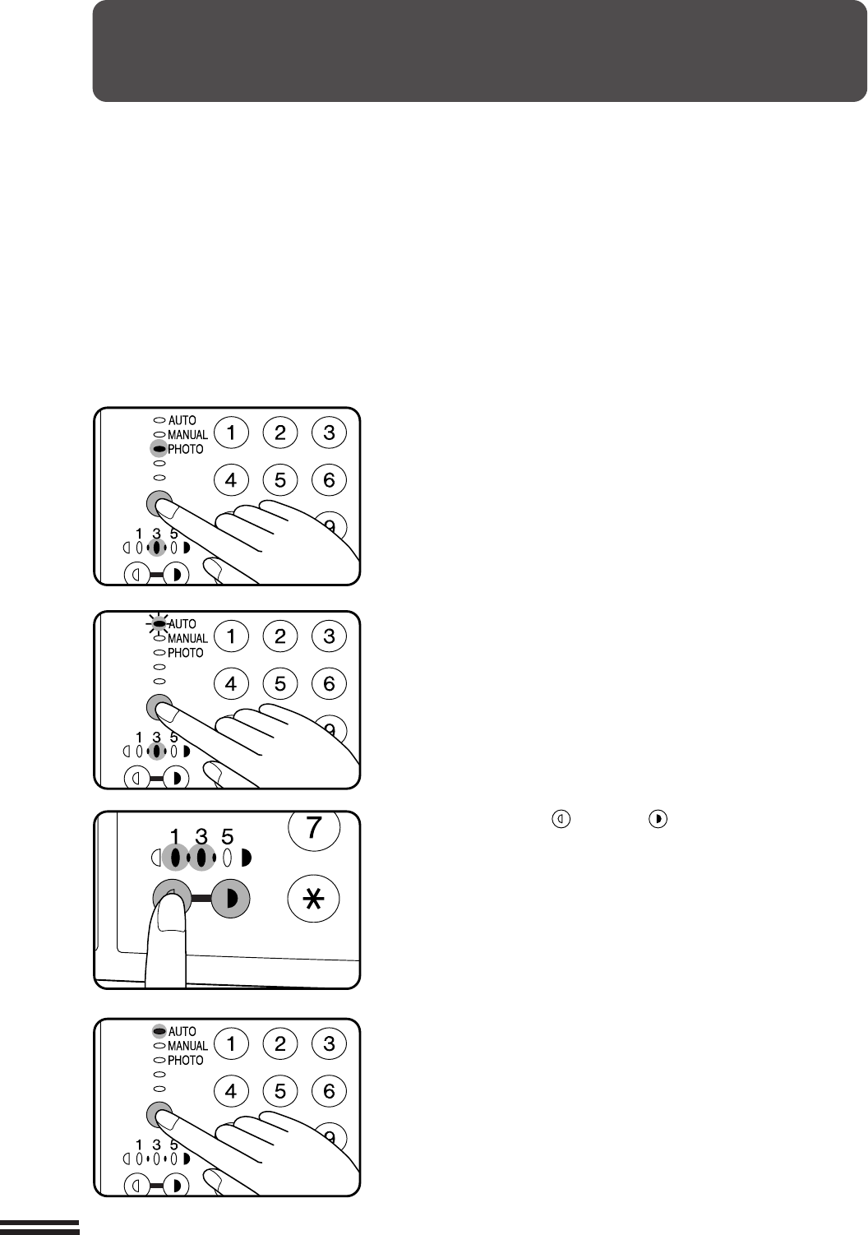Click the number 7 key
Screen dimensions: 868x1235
tap(313, 829)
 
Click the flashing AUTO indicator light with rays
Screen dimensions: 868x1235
tap(159, 623)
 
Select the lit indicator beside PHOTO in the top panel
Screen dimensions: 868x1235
tap(159, 449)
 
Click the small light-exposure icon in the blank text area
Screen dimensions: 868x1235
tap(561, 819)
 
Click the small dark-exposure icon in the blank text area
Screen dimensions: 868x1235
tap(658, 819)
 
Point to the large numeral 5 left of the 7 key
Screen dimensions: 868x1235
tap(227, 838)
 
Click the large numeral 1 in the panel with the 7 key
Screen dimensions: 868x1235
tap(175, 838)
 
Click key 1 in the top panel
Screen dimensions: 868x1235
tap(231, 432)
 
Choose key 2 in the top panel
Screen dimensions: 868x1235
tap(280, 432)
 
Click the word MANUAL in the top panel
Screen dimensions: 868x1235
tap(188, 435)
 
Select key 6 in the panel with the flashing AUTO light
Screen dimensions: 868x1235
tap(329, 683)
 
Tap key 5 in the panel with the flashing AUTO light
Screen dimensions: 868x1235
tap(280, 683)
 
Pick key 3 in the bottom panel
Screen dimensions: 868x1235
tap(329, 1043)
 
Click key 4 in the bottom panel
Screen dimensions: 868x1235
tap(231, 1091)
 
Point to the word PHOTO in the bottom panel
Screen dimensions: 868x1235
tap(186, 1060)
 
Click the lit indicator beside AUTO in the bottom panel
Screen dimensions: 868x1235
tap(159, 1031)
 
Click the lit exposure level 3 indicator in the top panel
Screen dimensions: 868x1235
tap(157, 548)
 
